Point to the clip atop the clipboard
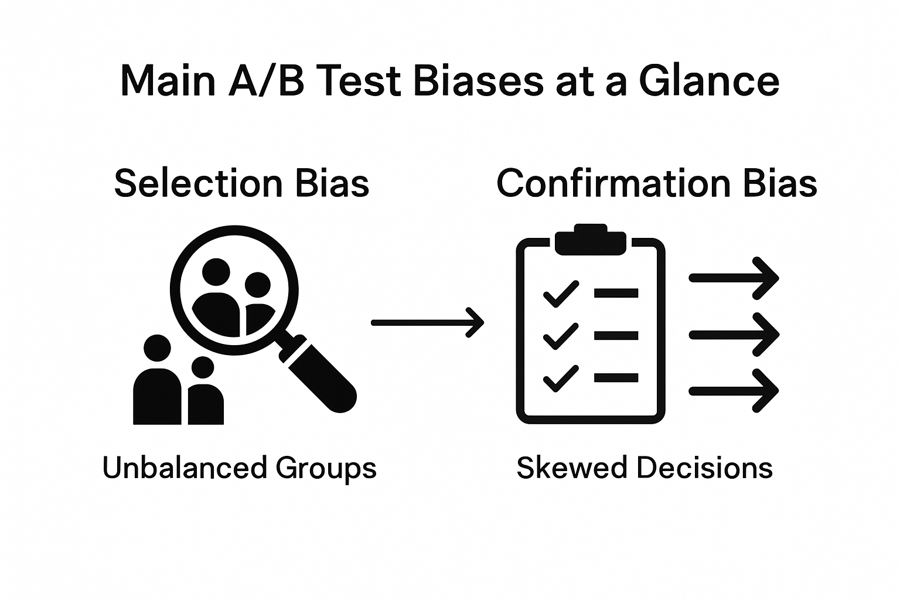click(590, 240)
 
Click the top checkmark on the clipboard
click(561, 294)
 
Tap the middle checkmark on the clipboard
click(561, 336)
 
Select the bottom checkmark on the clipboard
click(561, 378)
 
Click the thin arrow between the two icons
click(428, 322)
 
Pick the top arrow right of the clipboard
click(734, 278)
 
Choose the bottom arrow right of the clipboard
click(734, 390)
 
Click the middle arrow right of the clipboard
click(734, 335)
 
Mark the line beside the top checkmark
click(616, 293)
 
